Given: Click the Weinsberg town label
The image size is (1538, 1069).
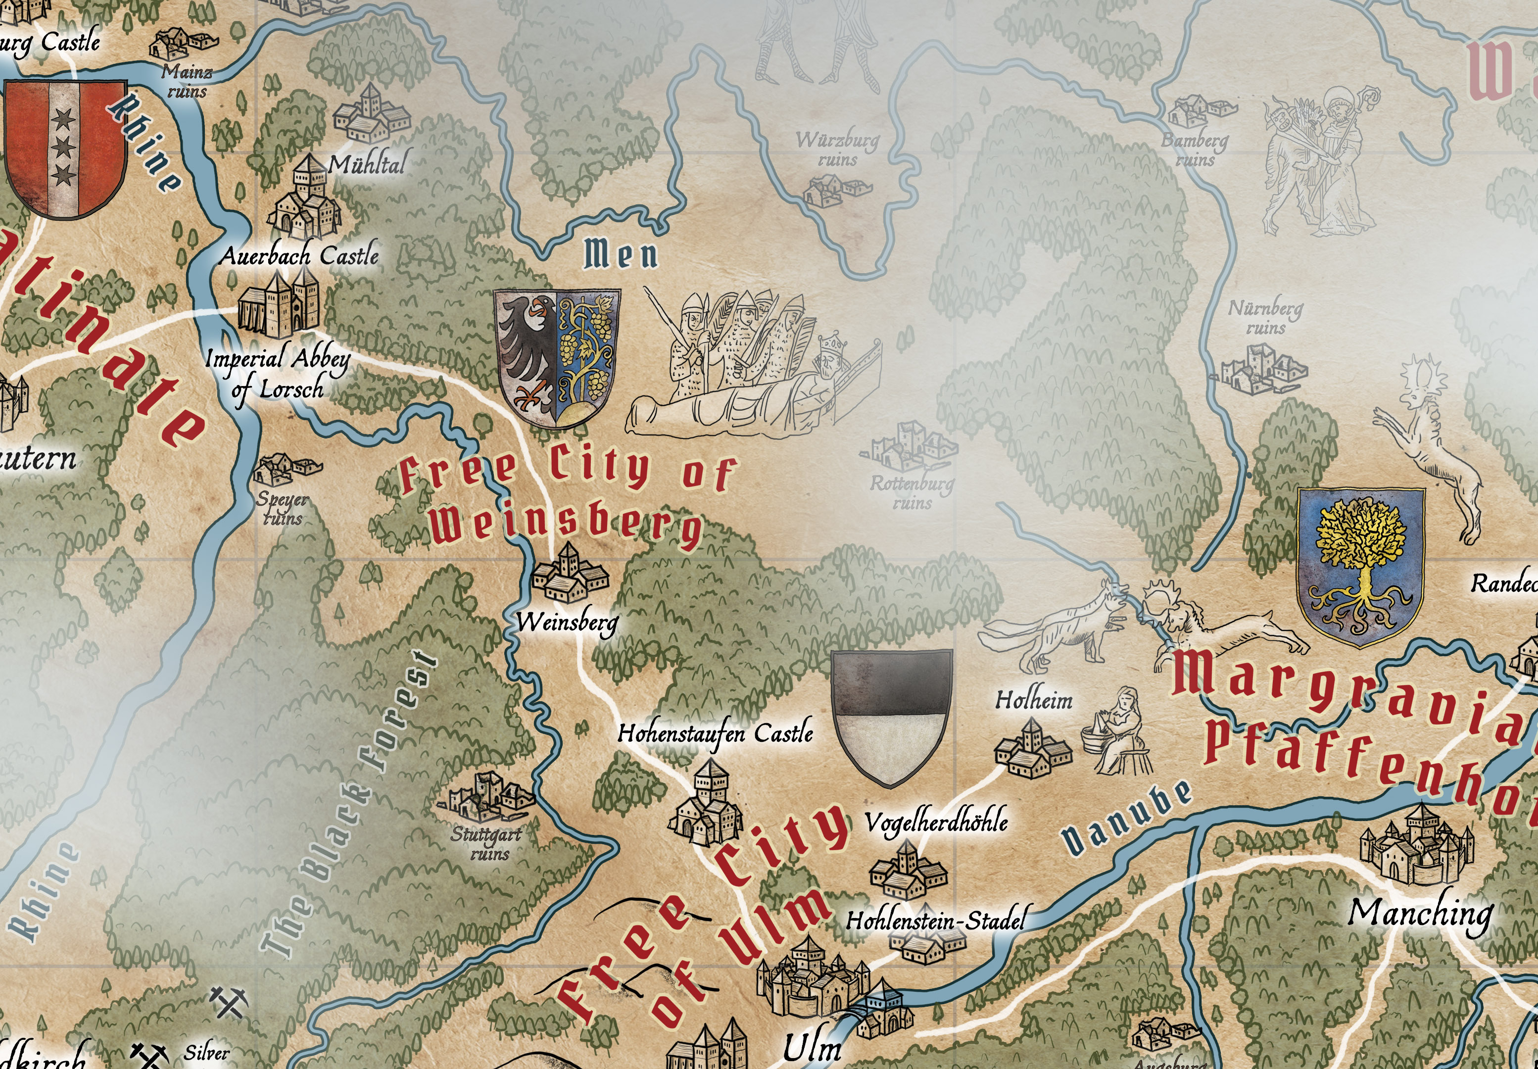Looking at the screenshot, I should pos(567,622).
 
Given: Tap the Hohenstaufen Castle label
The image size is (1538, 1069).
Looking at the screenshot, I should pos(715,733).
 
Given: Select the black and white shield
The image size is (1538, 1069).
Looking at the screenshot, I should pos(891,717).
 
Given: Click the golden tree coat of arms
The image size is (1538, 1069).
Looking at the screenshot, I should pos(1360,566).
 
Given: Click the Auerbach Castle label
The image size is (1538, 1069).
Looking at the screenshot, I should pos(299,256).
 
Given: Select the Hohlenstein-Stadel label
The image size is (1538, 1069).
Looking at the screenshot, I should pos(935,921).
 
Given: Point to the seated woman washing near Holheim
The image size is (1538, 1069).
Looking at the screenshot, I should pos(1119,732).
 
